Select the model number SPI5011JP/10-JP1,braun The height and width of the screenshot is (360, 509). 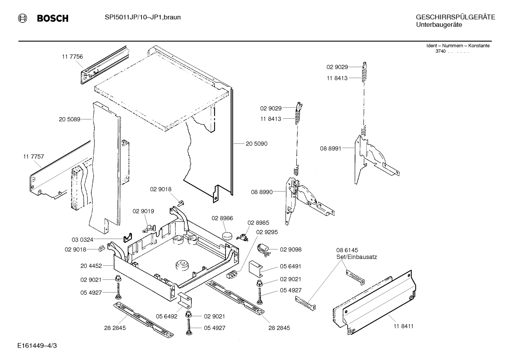143,17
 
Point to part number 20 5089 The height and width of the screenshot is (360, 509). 70,119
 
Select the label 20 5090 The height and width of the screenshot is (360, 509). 256,144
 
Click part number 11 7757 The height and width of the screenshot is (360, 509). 34,157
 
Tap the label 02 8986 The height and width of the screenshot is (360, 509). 222,218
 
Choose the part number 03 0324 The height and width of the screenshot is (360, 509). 82,240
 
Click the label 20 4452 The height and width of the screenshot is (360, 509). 91,266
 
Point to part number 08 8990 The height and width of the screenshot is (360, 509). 262,192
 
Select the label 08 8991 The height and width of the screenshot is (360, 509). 331,149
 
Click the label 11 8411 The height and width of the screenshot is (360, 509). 403,326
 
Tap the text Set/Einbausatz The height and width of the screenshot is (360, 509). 357,257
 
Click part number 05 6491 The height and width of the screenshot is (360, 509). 291,266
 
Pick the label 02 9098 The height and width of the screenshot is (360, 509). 291,249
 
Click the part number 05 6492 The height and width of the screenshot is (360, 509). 167,316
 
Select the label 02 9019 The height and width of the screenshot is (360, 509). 143,211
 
